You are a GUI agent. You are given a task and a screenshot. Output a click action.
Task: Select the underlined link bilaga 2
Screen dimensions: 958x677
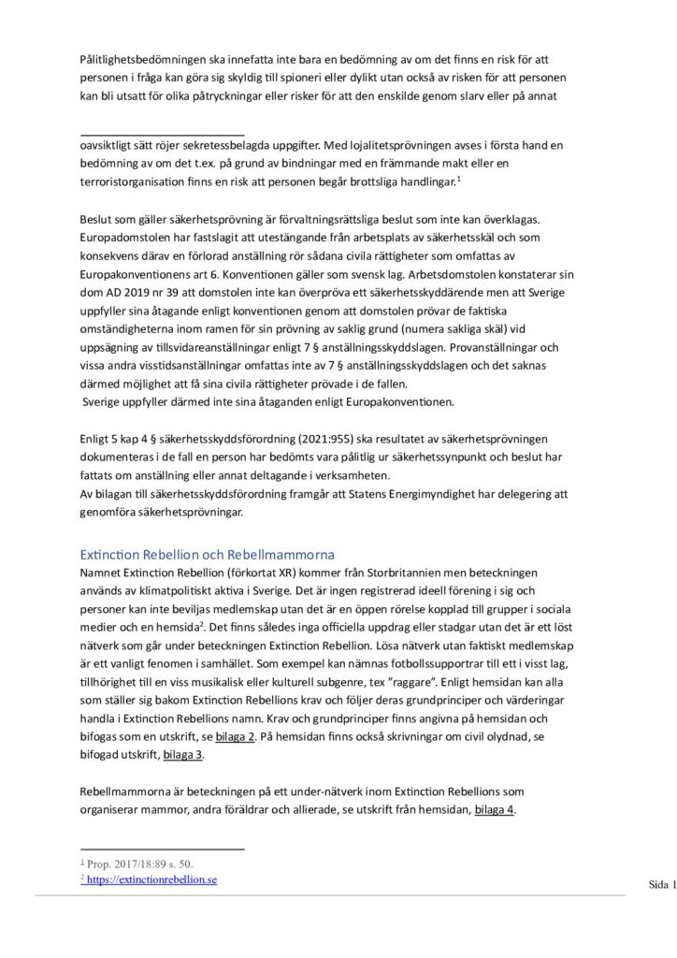coord(236,736)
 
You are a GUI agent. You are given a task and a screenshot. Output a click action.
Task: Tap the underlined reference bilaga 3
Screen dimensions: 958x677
coord(184,754)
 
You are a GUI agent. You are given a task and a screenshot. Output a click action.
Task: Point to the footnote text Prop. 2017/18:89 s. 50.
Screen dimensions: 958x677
coord(137,864)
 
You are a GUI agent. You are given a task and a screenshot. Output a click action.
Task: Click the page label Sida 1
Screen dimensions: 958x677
coord(660,884)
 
